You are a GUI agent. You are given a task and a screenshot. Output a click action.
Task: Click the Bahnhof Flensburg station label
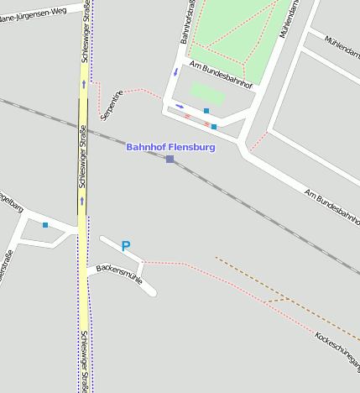click(x=170, y=147)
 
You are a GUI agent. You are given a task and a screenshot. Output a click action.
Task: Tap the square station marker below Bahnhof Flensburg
click(x=170, y=159)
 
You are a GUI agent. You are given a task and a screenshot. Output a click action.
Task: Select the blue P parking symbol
click(x=126, y=246)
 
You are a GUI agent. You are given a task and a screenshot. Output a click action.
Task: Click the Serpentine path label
click(x=112, y=103)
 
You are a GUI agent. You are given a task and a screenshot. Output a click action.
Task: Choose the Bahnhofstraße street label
click(x=187, y=22)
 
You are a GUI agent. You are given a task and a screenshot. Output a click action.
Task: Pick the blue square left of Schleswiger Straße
click(x=45, y=225)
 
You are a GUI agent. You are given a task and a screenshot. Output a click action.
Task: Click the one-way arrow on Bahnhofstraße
click(x=175, y=71)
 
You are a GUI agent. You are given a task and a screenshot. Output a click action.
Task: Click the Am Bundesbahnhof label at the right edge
click(x=334, y=208)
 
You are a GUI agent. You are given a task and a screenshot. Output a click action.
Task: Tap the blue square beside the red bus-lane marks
click(x=214, y=127)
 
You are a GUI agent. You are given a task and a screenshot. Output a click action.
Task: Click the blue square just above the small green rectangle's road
click(x=206, y=111)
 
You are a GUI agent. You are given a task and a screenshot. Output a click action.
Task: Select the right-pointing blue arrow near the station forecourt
click(x=180, y=107)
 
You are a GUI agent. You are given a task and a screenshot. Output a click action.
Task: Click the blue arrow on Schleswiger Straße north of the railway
click(x=83, y=84)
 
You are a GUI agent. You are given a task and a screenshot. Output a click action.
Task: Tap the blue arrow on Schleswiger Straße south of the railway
click(x=82, y=201)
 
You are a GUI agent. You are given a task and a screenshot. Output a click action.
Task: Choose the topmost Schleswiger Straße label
click(x=86, y=42)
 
